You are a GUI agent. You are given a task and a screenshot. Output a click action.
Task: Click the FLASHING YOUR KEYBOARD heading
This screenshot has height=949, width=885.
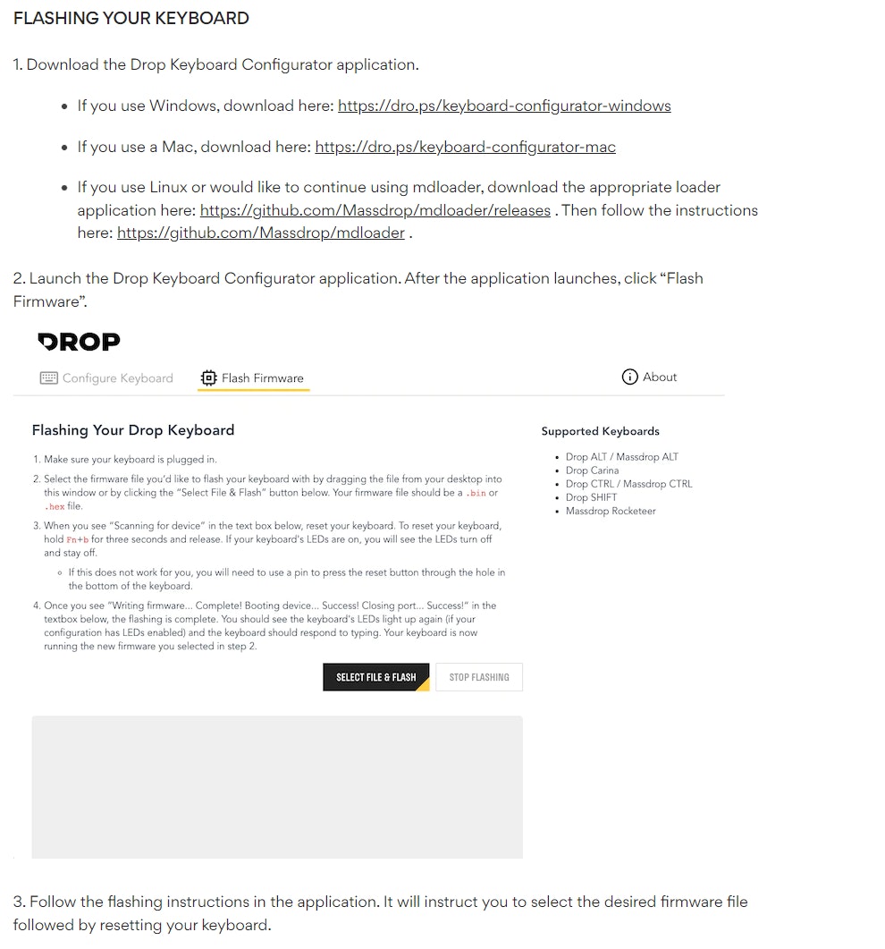point(131,19)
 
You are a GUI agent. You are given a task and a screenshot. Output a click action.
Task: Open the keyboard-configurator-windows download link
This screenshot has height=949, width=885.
point(504,106)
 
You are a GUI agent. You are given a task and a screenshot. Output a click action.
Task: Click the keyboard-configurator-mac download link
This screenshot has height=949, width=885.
point(465,147)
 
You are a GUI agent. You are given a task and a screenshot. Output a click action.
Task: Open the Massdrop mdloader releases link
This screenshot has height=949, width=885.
point(375,210)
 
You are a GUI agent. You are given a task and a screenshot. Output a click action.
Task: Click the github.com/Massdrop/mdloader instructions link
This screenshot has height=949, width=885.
point(261,233)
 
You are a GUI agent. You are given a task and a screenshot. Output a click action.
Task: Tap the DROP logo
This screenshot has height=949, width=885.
point(79,341)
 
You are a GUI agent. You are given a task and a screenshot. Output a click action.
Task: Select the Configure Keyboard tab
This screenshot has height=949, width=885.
point(117,378)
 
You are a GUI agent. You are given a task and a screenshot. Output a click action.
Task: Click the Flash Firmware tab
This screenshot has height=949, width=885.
point(262,378)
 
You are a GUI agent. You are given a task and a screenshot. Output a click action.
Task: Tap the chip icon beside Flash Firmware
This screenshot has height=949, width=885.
point(209,377)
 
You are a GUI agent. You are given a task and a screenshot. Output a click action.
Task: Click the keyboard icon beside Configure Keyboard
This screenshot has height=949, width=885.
point(49,378)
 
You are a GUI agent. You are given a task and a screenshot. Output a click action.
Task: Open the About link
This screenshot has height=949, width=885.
point(660,377)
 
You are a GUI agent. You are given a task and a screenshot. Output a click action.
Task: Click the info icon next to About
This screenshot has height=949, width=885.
point(630,377)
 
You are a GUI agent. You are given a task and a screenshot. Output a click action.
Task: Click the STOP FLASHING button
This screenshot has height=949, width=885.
point(479,677)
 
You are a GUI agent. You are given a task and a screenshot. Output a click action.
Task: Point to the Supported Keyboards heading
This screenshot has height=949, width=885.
point(600,431)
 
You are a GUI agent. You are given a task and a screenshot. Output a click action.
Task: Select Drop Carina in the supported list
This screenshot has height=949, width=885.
point(592,470)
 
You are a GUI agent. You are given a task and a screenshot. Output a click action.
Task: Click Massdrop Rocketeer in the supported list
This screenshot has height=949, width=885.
point(611,511)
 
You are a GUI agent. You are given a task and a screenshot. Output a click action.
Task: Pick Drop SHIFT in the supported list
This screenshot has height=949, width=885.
point(591,497)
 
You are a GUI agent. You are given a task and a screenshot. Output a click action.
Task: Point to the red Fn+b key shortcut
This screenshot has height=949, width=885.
point(78,539)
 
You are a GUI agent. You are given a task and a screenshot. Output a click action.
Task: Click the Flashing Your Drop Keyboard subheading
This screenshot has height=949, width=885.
point(133,430)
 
